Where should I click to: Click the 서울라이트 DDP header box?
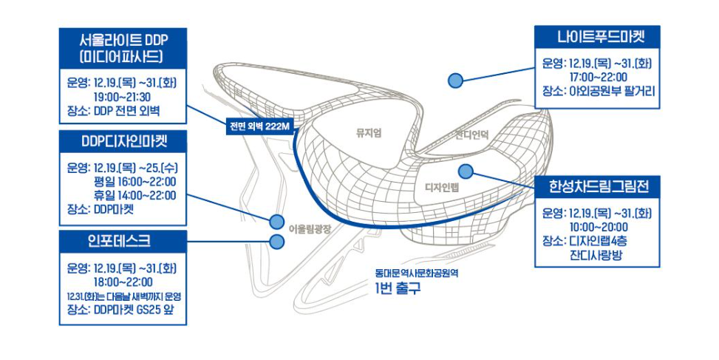click(x=123, y=47)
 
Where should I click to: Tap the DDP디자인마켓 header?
click(x=123, y=140)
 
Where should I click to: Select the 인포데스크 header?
click(x=123, y=240)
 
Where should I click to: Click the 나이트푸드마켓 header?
click(x=596, y=36)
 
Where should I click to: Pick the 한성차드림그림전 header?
click(x=596, y=186)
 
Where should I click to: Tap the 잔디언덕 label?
click(x=474, y=135)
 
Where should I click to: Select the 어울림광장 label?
click(x=310, y=229)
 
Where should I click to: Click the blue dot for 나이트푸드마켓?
click(x=456, y=80)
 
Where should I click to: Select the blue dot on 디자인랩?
click(x=466, y=171)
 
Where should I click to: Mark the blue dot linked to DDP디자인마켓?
click(x=277, y=221)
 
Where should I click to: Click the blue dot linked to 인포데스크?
click(x=277, y=241)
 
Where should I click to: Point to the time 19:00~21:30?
click(x=122, y=97)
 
